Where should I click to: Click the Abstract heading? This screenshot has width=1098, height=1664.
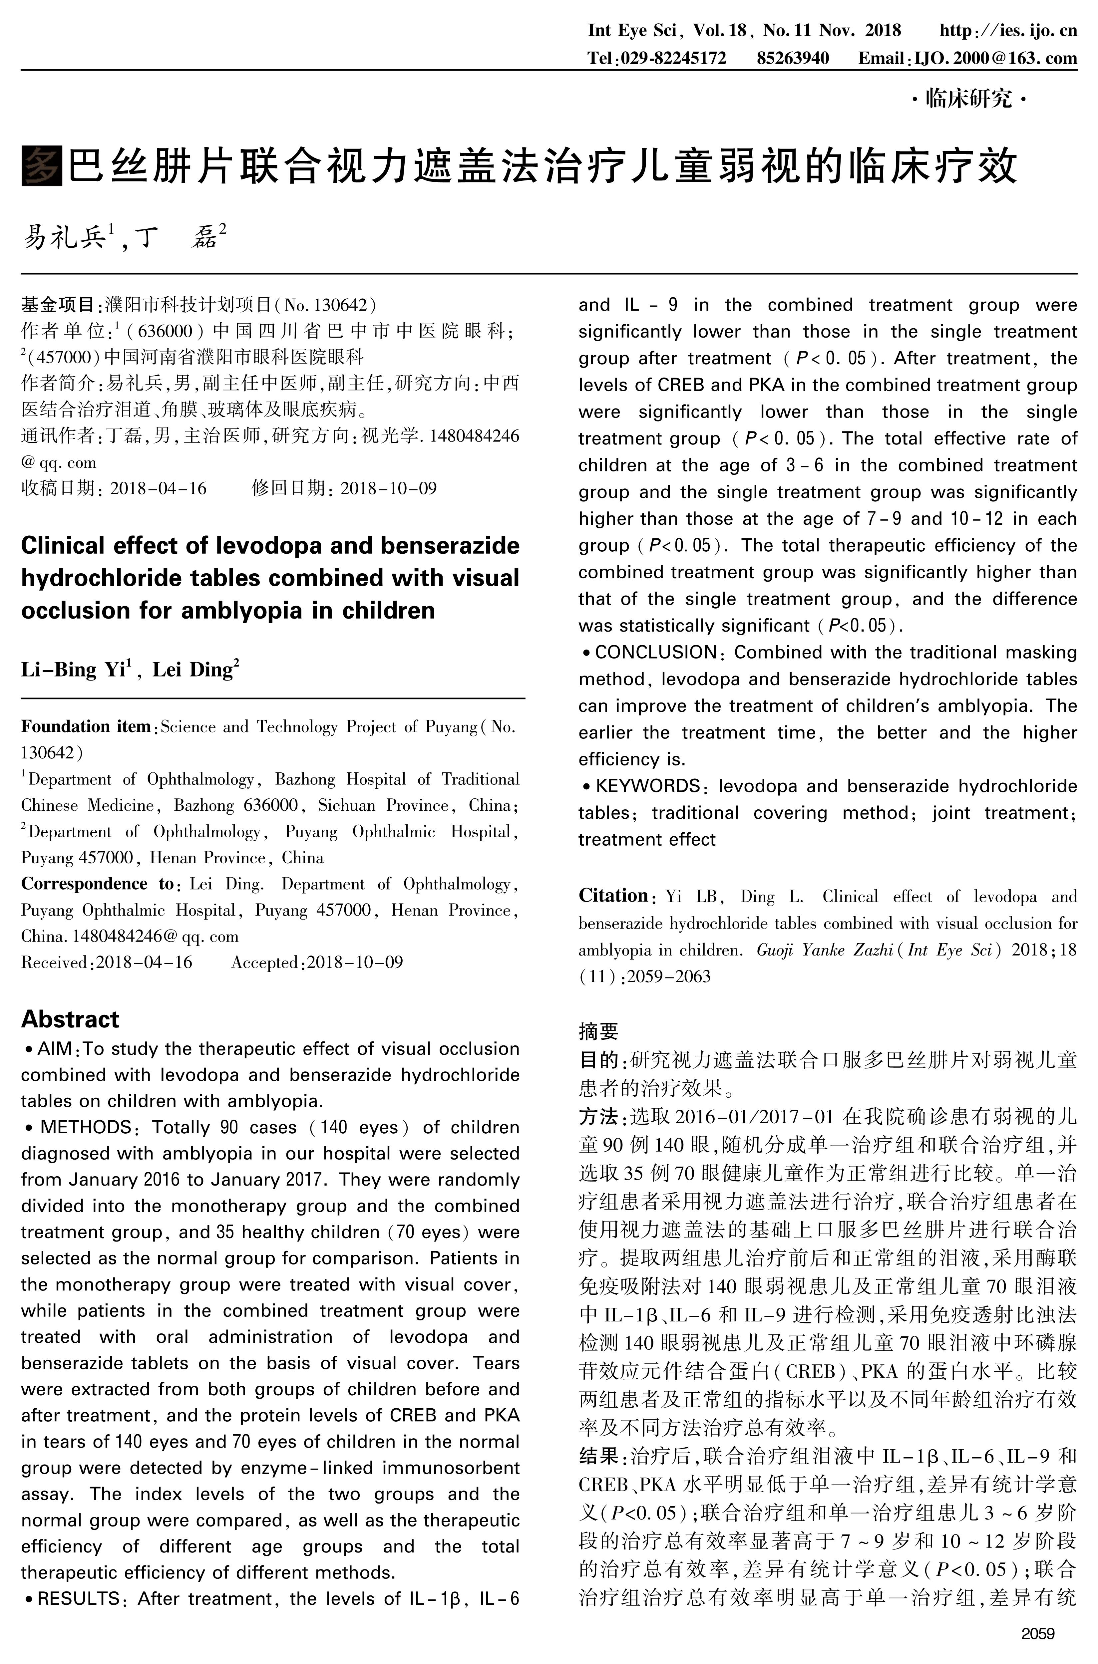70,1018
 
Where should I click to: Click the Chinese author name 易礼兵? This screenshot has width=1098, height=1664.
64,238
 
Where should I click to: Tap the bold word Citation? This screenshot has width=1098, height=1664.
613,896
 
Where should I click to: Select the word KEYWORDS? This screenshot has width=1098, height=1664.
648,786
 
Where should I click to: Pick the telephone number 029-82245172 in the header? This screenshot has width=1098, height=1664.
674,58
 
